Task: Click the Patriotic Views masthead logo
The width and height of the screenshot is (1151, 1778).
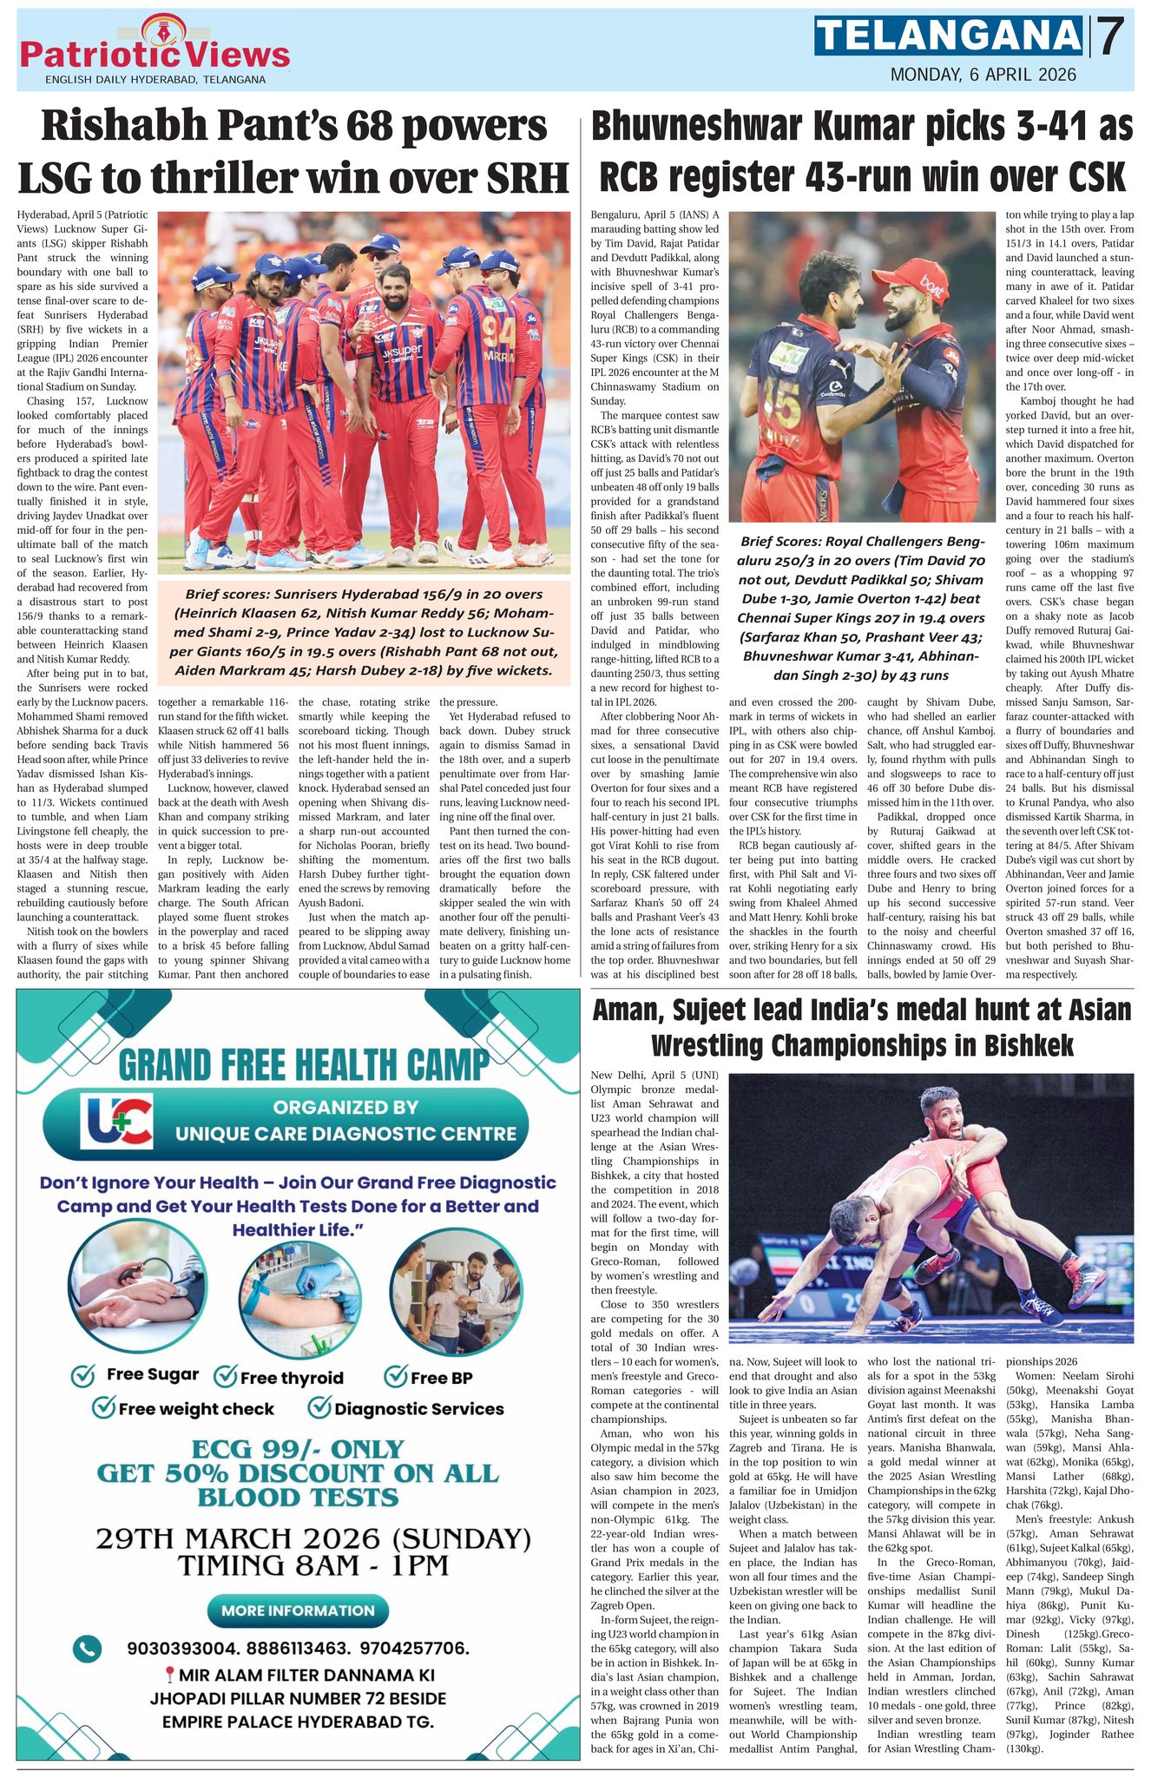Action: [155, 49]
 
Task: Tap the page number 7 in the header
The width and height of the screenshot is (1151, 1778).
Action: [1112, 36]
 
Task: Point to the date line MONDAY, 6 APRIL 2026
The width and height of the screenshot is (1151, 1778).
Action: [983, 75]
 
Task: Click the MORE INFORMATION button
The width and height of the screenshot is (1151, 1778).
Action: [298, 1610]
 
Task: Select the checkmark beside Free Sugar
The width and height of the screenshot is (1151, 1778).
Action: [83, 1375]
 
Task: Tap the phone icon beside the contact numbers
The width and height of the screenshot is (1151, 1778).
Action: [86, 1648]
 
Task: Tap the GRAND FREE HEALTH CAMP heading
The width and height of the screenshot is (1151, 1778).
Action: [302, 1064]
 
